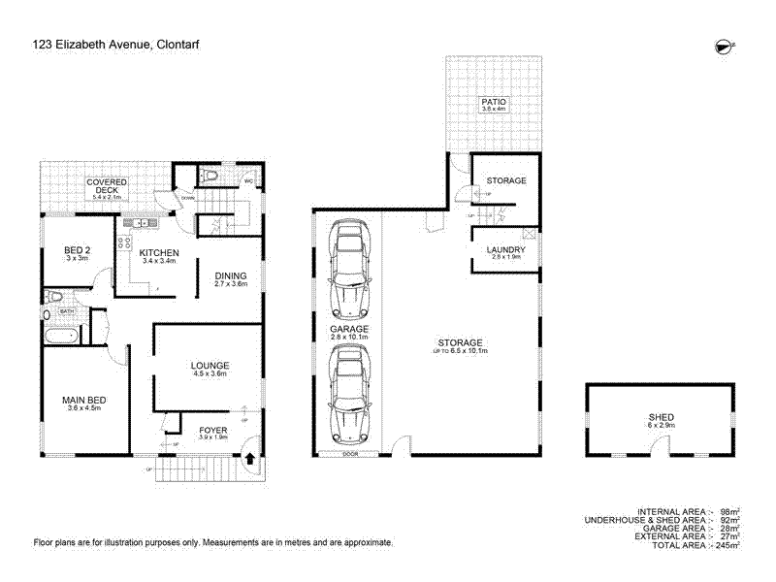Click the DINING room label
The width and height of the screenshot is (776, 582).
click(231, 276)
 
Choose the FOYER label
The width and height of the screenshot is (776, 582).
click(212, 429)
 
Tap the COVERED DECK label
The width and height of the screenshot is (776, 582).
click(107, 182)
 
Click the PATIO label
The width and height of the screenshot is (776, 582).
click(495, 102)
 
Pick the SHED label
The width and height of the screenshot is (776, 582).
click(662, 417)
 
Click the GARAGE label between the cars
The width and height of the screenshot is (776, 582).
click(347, 330)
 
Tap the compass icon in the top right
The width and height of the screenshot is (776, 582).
click(723, 45)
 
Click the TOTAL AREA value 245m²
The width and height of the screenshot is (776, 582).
click(727, 545)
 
